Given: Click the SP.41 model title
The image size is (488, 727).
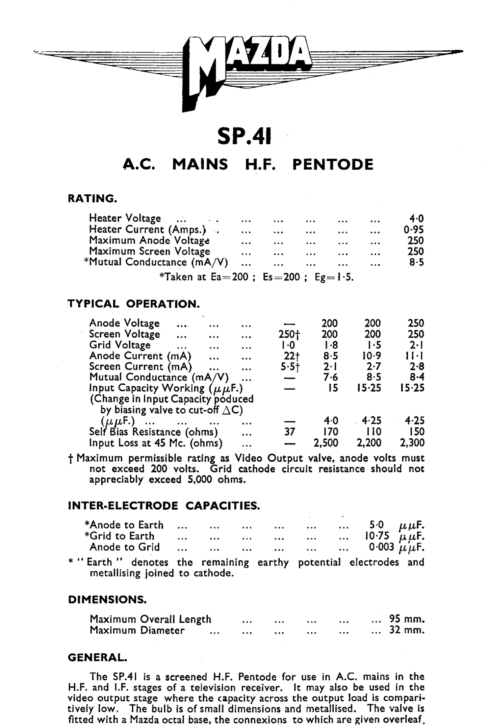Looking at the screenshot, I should tap(244, 137).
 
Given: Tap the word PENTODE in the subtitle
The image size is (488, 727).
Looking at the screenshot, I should tap(333, 165).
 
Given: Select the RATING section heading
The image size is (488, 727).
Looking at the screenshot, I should tap(92, 198).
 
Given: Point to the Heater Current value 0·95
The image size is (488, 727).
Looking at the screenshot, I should tap(413, 230).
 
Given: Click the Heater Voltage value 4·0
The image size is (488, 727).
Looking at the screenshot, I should tap(416, 219).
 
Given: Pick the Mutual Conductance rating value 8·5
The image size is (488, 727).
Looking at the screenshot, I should tap(416, 262).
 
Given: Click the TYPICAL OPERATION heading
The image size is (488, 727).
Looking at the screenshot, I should tap(133, 304).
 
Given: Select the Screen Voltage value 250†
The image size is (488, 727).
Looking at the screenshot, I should tap(289, 334).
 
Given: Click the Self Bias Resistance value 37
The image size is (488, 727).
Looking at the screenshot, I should tap(289, 432).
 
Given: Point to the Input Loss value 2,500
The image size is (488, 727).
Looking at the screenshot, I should tap(326, 443).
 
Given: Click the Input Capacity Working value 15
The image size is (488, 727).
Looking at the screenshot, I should tap(333, 388).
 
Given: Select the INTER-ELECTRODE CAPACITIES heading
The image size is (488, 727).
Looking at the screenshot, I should tap(164, 506).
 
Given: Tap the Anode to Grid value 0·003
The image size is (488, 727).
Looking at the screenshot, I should tap(381, 547).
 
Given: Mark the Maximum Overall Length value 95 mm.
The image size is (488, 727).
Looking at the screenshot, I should tap(407, 619).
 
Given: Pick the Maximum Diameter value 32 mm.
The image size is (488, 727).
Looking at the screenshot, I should tap(407, 630).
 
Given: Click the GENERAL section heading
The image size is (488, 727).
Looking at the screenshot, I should tap(98, 657).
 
